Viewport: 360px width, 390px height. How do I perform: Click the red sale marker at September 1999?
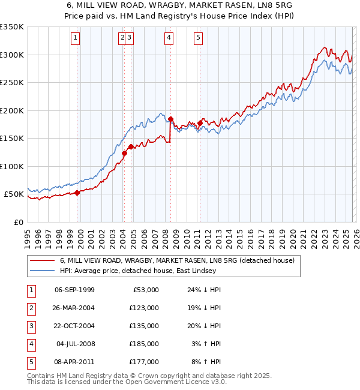pos(77,193)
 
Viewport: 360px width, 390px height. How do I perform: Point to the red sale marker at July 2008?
pos(171,119)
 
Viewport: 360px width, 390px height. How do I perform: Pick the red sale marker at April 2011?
pos(200,124)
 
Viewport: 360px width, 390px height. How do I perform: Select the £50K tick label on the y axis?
pos(14,194)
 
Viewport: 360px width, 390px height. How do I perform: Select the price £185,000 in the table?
pos(144,344)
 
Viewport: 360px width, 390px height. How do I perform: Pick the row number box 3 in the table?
pos(31,326)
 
